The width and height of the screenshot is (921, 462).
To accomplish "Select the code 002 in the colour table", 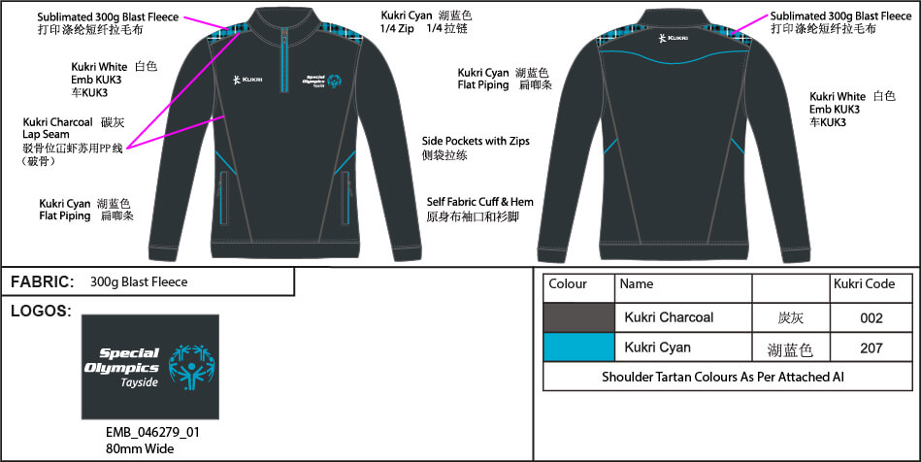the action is tap(872, 318).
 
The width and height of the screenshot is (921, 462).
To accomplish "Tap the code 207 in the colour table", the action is tap(872, 348).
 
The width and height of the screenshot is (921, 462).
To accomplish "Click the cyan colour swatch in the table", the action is tap(579, 346).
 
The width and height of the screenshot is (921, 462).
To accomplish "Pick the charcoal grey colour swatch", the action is tap(579, 317).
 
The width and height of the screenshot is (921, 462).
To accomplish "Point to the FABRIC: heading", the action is tap(43, 282).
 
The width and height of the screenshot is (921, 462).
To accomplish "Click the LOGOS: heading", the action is tap(41, 311).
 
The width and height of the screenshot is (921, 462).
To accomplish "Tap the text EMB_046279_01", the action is tap(152, 433).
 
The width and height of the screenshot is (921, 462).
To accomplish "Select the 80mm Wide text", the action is tap(140, 449).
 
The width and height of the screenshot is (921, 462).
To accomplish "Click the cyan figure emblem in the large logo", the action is tap(191, 367).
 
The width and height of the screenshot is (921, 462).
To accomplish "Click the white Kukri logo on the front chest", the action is tap(247, 80).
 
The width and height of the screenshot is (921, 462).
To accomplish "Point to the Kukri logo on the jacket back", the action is tap(674, 38).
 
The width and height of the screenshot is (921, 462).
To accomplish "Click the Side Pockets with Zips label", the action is tap(476, 148).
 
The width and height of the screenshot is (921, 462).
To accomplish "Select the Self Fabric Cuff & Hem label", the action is tap(479, 210).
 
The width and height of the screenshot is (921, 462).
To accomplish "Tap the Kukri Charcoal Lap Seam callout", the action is tap(73, 141).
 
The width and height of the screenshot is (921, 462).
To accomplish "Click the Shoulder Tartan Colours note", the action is tap(723, 377).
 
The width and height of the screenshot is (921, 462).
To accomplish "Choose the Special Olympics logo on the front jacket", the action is tap(322, 82).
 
